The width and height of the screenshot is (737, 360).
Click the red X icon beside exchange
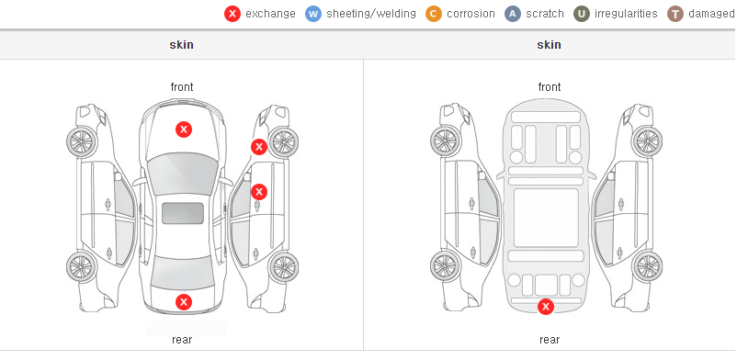pos(232,14)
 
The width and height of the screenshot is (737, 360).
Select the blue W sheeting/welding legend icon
pos(313,14)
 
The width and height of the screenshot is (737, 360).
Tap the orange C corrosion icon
pos(434,14)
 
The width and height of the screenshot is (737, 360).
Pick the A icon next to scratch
pos(513,14)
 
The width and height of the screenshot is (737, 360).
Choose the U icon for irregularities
pos(582,14)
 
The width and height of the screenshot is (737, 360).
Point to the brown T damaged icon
pos(675,14)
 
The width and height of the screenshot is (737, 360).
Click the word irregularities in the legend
pos(626,14)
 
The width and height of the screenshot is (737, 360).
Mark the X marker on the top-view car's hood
pos(184,129)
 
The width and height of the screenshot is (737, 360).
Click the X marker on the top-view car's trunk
pos(184,302)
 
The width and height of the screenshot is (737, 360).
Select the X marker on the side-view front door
pos(259,191)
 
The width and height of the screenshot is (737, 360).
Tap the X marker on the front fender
pos(258,147)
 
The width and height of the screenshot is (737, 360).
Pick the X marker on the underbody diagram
pos(546,307)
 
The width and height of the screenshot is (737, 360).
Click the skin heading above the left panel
pos(181,45)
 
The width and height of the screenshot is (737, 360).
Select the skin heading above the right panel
pos(549,45)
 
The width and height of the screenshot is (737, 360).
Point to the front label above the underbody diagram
pos(550,87)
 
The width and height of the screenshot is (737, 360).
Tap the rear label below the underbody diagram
pos(550,340)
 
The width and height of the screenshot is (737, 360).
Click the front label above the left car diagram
pos(182,87)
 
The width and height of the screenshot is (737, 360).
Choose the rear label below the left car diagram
pos(182,340)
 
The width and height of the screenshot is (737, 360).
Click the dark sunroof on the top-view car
pos(183,213)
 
